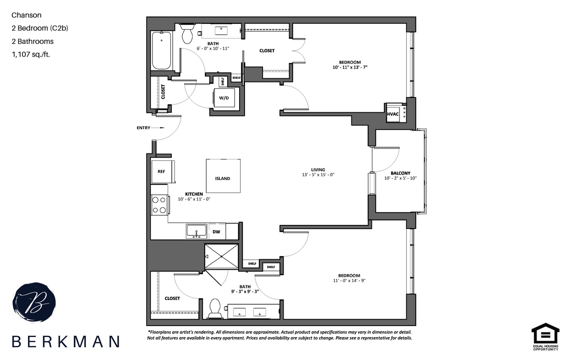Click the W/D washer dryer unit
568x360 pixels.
224,98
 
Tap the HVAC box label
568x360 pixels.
393,114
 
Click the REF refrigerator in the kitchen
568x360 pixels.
161,172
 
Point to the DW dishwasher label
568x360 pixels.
216,232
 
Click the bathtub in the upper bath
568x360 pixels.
161,50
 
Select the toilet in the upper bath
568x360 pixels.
187,34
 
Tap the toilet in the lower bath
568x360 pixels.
215,308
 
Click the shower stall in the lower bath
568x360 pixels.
222,256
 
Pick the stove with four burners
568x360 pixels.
159,205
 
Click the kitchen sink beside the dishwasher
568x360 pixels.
197,231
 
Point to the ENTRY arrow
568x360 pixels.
158,128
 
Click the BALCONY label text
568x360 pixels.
400,174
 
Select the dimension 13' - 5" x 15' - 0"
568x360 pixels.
318,175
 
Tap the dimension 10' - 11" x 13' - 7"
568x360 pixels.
350,67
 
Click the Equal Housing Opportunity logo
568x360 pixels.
545,337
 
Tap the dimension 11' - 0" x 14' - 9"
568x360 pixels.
350,281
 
